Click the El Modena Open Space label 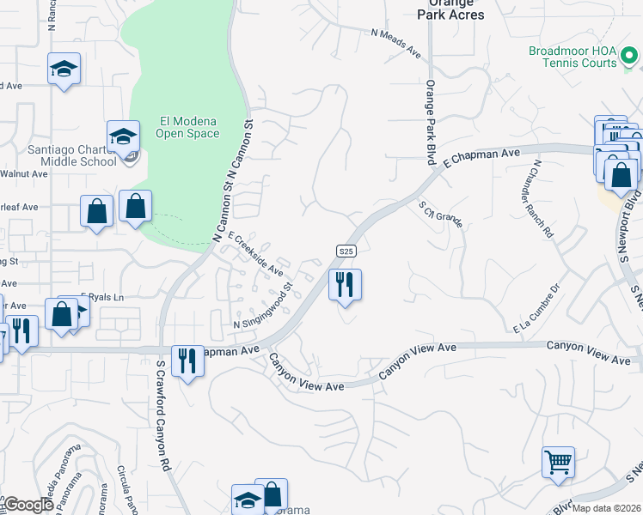tap(187, 127)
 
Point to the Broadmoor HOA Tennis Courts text tap(573, 57)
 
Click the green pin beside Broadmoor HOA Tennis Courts tap(630, 58)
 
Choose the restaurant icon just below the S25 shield tap(345, 284)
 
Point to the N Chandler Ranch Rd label tap(543, 198)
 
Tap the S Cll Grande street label tap(441, 214)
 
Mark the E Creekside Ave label tap(255, 253)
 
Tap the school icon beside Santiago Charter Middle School tap(123, 136)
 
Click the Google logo tap(28, 506)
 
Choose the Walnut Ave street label tap(26, 173)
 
